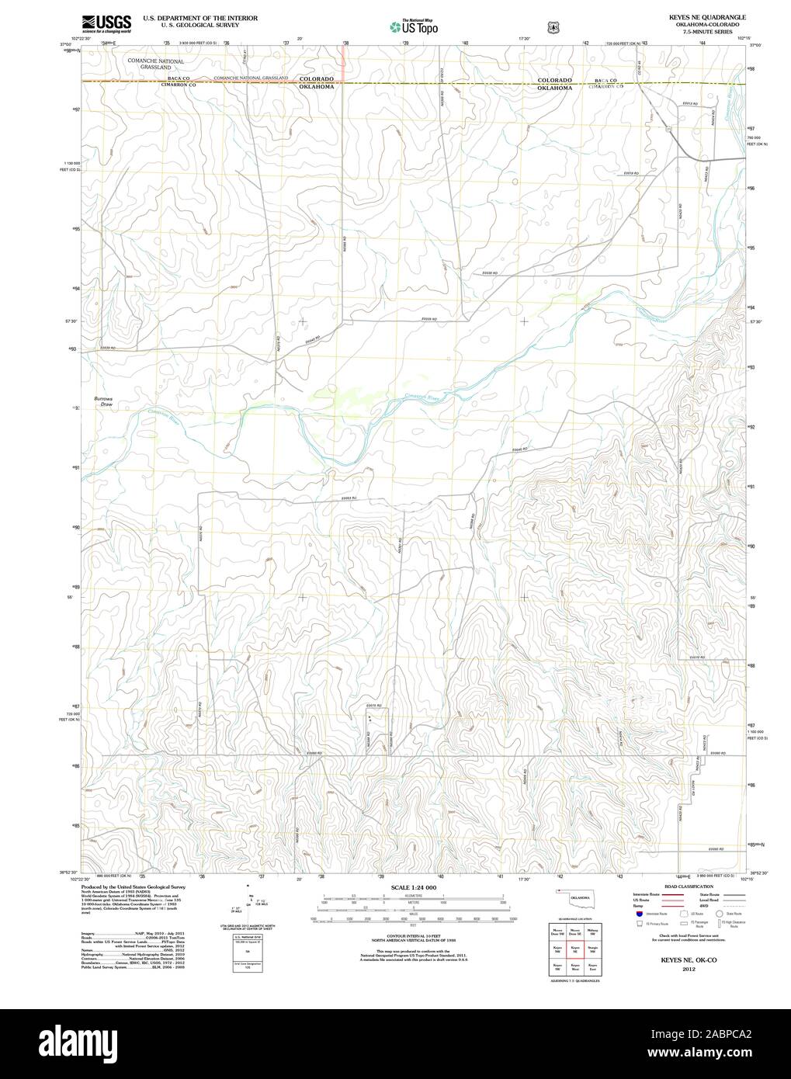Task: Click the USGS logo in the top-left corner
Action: [106, 23]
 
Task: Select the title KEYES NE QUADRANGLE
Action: [691, 16]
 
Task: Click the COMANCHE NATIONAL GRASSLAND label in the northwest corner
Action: [161, 64]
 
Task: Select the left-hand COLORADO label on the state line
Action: [316, 79]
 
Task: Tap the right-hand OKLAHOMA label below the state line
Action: [554, 88]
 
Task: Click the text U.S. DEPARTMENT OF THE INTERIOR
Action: [189, 17]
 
